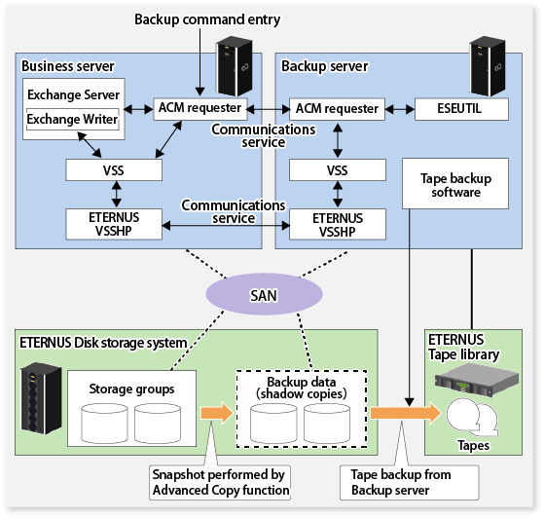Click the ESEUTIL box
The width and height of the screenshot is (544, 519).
click(461, 109)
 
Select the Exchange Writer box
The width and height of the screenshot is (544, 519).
click(73, 119)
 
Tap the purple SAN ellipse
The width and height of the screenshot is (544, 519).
click(264, 294)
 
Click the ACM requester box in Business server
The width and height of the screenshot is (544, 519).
click(200, 109)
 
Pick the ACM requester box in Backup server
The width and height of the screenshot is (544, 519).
click(337, 109)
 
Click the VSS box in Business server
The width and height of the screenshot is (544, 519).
click(114, 170)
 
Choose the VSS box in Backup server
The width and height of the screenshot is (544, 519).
click(338, 170)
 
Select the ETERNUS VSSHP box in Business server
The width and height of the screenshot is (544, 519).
click(114, 224)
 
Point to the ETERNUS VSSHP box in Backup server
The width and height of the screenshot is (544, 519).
click(338, 224)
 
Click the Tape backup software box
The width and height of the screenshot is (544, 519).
click(455, 184)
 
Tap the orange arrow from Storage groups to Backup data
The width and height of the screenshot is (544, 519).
click(217, 413)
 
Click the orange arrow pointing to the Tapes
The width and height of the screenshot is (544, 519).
click(406, 413)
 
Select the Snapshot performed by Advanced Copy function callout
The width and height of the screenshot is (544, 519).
click(220, 483)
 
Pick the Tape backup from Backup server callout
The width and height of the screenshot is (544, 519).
click(410, 483)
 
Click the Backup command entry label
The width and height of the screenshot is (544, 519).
click(207, 19)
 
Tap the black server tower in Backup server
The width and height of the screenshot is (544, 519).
click(488, 66)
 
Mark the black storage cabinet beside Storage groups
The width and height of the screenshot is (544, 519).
click(41, 398)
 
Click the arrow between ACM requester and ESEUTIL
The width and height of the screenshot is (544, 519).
click(400, 109)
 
